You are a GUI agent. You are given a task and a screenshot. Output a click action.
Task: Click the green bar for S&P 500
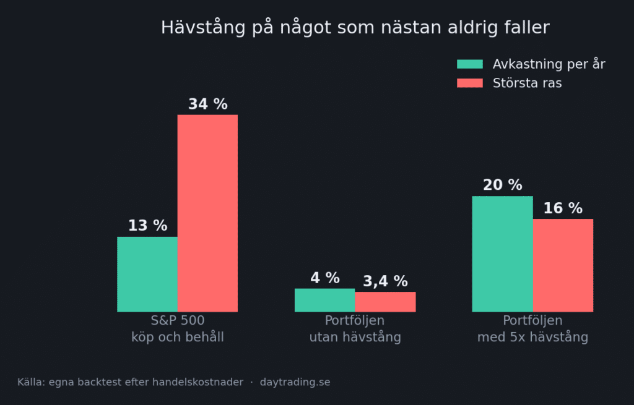[147, 274]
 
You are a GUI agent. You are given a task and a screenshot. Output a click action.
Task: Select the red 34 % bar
[207, 213]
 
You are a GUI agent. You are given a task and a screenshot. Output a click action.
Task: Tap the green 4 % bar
[324, 300]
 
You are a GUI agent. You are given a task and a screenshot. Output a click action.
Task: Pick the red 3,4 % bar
[385, 302]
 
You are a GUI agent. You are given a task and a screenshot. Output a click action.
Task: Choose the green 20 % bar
[503, 254]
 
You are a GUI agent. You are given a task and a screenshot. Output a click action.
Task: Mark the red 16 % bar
[563, 265]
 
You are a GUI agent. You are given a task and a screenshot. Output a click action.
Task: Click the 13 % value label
[147, 225]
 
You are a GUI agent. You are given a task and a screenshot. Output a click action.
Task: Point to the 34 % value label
[208, 104]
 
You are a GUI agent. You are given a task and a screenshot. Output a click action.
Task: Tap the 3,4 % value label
[385, 281]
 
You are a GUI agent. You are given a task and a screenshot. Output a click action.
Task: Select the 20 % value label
[503, 185]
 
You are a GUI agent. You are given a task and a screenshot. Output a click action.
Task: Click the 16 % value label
[563, 208]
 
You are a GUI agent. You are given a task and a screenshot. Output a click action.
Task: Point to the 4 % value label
[325, 278]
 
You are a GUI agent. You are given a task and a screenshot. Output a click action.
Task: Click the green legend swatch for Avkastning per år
[470, 64]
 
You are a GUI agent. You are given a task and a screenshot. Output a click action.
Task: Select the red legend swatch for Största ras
[470, 83]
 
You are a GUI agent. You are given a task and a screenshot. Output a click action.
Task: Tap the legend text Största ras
[528, 83]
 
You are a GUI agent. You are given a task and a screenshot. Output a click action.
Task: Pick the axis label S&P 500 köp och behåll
[178, 329]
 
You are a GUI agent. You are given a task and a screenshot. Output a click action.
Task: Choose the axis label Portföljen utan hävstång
[355, 329]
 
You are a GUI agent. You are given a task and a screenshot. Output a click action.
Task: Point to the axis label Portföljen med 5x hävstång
[532, 329]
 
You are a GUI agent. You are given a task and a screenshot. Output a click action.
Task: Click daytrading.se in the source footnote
[295, 382]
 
